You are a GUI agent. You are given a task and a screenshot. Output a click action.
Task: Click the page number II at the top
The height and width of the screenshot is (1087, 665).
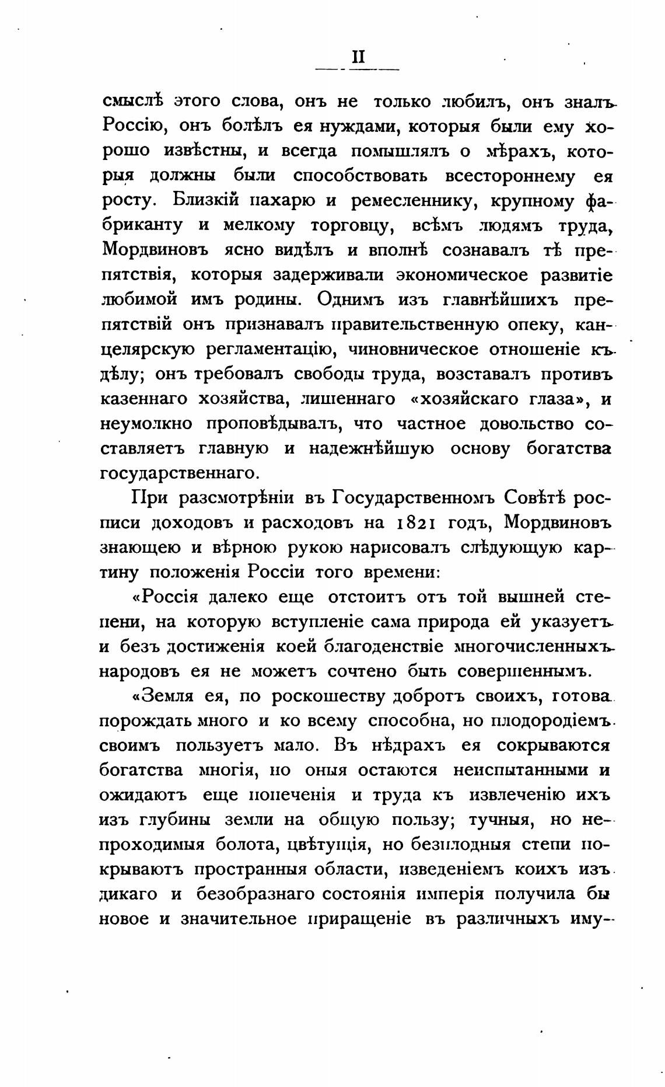[358, 56]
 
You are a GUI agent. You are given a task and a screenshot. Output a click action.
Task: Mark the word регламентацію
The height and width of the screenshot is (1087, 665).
[269, 350]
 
